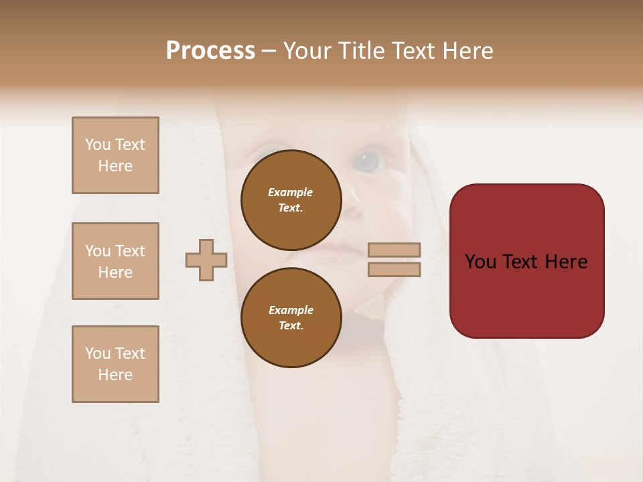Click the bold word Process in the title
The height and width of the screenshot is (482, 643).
tap(210, 51)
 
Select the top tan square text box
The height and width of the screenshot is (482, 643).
tap(115, 155)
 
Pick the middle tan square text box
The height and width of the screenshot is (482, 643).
tap(115, 261)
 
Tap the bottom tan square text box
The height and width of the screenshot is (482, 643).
tap(115, 364)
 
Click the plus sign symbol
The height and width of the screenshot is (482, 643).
tap(206, 260)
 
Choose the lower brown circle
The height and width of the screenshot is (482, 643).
tap(291, 317)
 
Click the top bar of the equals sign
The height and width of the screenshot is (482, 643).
tap(394, 250)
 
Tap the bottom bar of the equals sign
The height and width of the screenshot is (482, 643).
tap(394, 269)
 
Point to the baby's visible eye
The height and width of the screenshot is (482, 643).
tap(366, 161)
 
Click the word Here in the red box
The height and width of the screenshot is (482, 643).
tap(566, 262)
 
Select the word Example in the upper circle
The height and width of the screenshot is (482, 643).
tap(290, 192)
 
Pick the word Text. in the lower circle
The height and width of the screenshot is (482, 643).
tap(291, 326)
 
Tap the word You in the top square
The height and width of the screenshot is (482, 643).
tap(97, 145)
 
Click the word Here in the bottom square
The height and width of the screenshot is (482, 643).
tap(115, 375)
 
